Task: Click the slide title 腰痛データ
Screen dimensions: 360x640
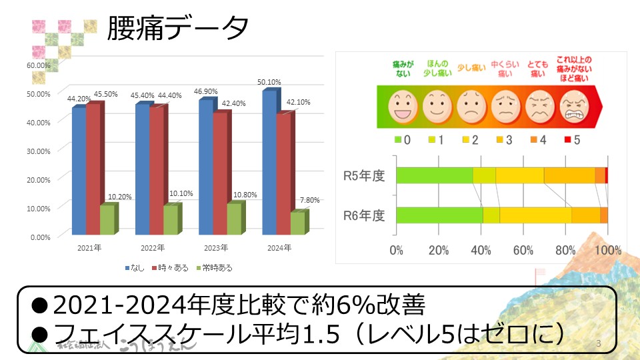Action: (178, 28)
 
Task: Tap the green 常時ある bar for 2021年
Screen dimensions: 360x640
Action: (107, 219)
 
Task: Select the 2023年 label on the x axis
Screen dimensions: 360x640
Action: (215, 248)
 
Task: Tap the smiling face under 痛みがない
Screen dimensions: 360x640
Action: (403, 105)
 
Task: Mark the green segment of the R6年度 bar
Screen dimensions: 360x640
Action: (439, 215)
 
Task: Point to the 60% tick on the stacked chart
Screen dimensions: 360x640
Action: (523, 251)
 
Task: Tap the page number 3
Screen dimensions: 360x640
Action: (599, 344)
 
